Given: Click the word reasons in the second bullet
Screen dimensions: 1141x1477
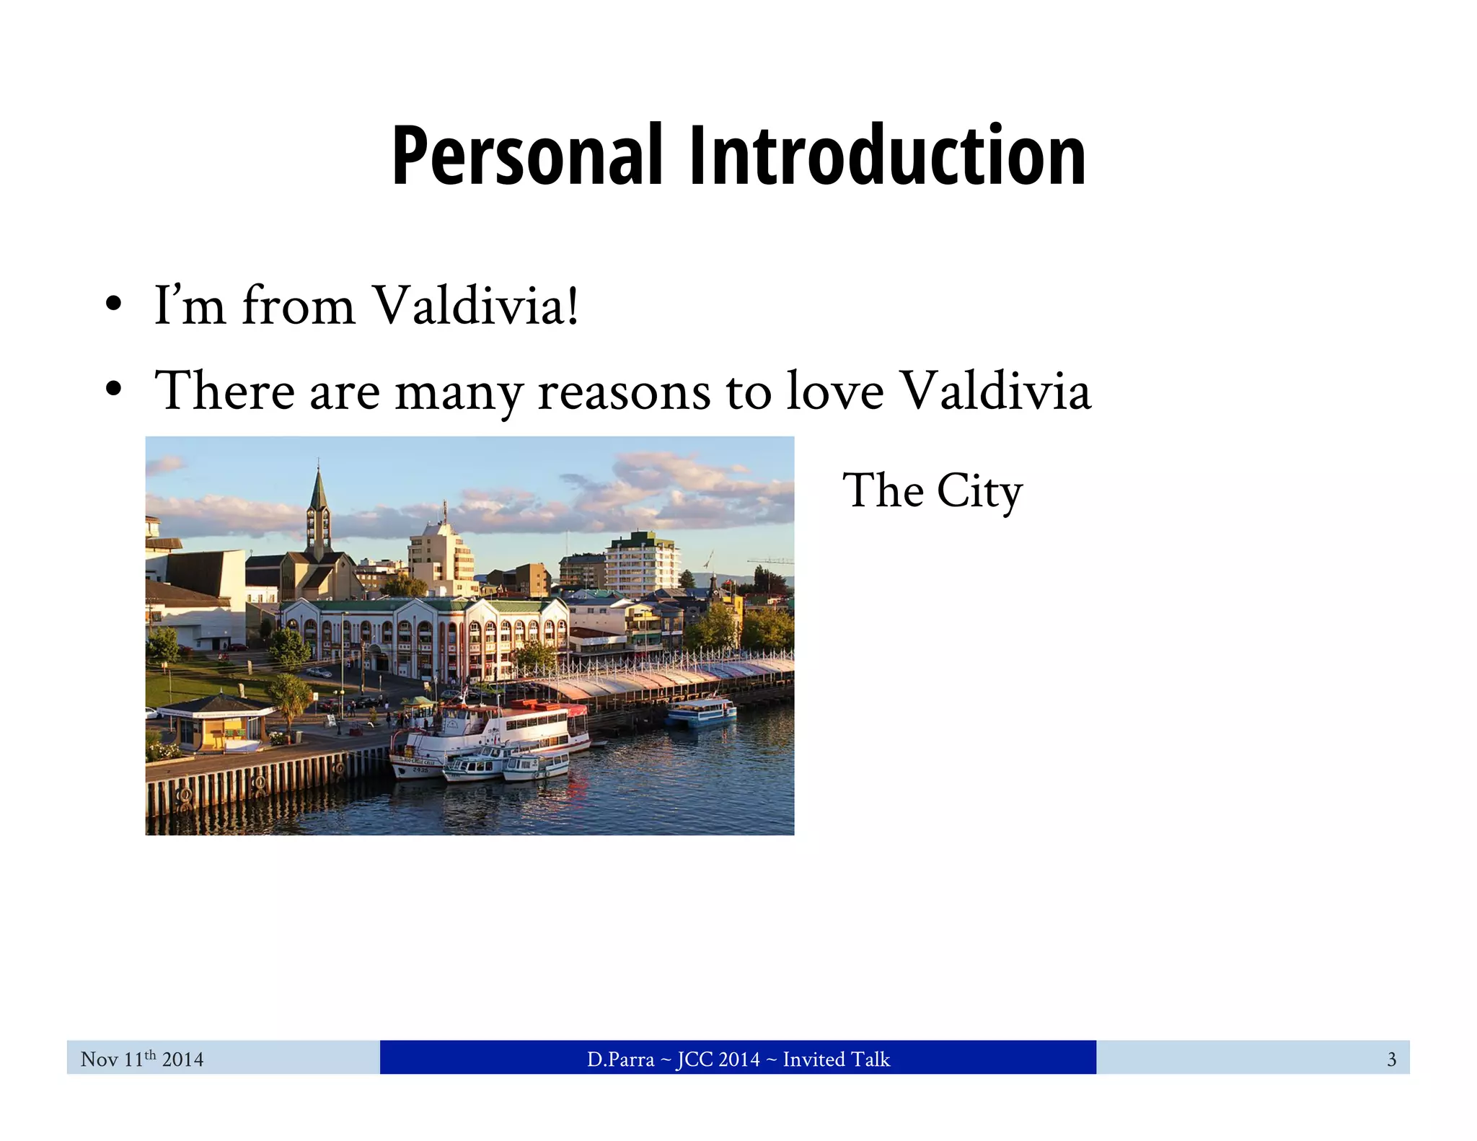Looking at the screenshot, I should click(625, 392).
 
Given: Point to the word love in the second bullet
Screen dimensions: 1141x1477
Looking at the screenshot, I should click(834, 392).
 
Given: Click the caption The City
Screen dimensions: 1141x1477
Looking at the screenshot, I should click(933, 492).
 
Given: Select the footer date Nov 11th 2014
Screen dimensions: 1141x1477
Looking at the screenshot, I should click(142, 1059).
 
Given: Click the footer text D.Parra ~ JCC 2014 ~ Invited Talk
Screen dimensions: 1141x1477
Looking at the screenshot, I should click(738, 1059).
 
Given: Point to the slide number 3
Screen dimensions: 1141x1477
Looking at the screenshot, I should click(1391, 1059).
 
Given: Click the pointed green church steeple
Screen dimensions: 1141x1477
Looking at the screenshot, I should click(318, 490).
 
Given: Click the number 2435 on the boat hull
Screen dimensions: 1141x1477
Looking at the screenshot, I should click(420, 770).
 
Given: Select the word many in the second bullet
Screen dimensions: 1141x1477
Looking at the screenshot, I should click(459, 393).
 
